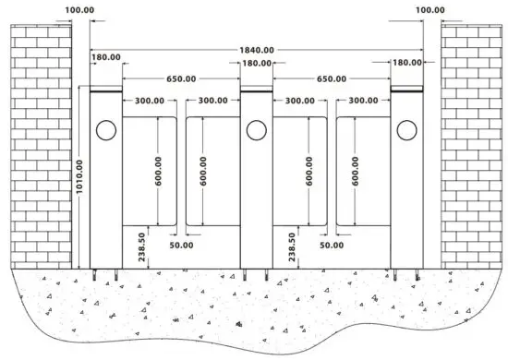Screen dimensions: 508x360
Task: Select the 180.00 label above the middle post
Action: tap(256, 64)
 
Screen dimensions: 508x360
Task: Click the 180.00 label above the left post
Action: tap(104, 57)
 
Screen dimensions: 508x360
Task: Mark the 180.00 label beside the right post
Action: tap(406, 63)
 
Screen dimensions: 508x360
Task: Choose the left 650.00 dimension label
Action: tap(181, 79)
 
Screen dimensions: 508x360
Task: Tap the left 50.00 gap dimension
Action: tap(181, 246)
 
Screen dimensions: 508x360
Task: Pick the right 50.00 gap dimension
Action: tap(331, 246)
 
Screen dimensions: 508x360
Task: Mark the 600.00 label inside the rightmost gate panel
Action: tap(356, 172)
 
